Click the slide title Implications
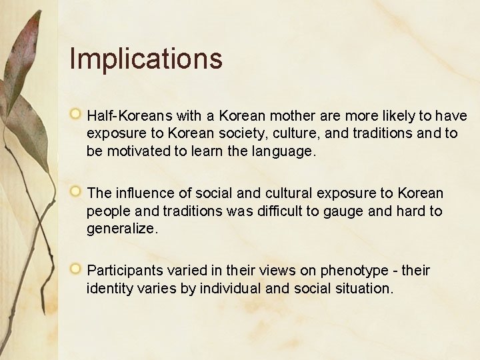(x=145, y=58)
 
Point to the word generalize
(x=122, y=229)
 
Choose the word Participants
(x=127, y=271)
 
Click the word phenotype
(x=351, y=271)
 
